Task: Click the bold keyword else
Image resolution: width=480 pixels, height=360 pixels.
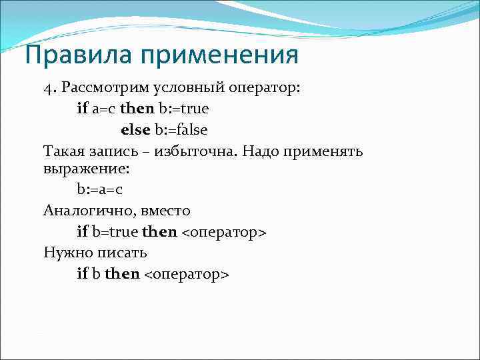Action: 136,129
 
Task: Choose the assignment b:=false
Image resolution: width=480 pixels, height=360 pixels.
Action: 181,129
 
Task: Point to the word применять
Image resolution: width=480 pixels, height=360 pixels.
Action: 325,151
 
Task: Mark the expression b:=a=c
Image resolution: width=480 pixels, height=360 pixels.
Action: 100,189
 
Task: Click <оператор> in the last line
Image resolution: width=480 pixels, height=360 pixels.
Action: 187,274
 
